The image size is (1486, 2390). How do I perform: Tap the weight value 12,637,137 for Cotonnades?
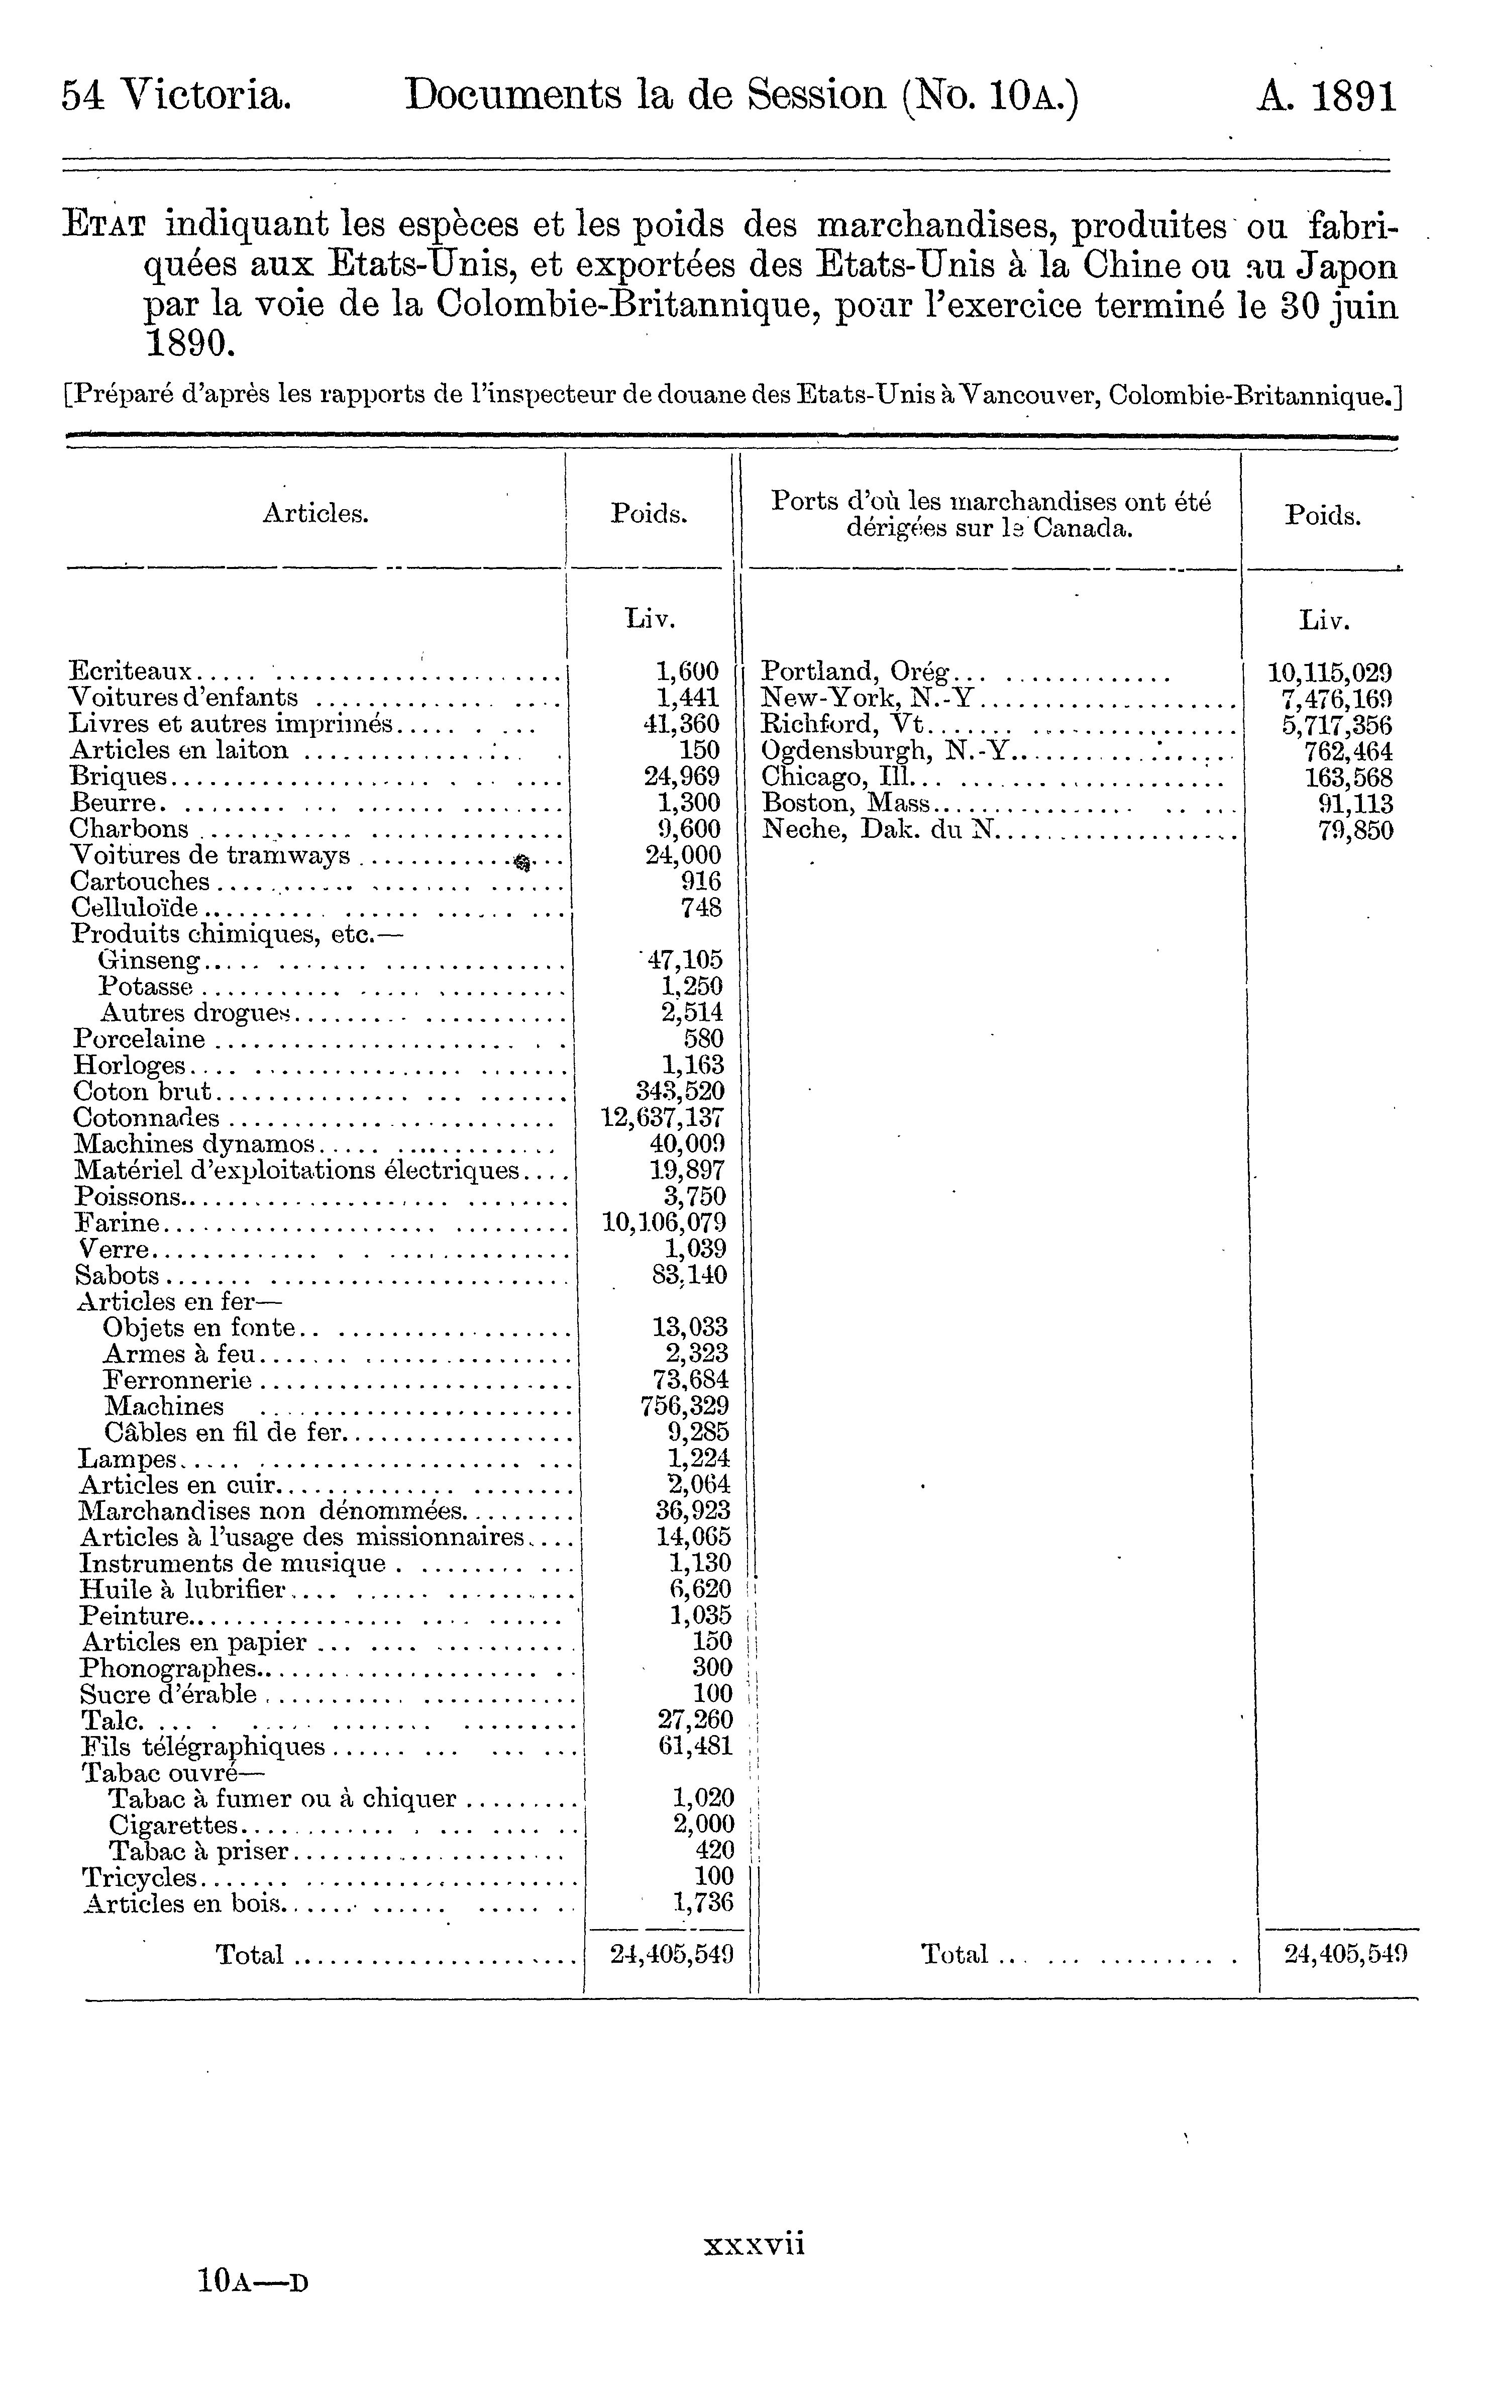[x=663, y=1118]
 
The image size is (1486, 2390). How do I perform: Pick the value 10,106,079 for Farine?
[x=664, y=1223]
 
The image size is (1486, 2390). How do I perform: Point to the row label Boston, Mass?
[x=846, y=804]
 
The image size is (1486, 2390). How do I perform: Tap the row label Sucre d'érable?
[x=168, y=1694]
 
